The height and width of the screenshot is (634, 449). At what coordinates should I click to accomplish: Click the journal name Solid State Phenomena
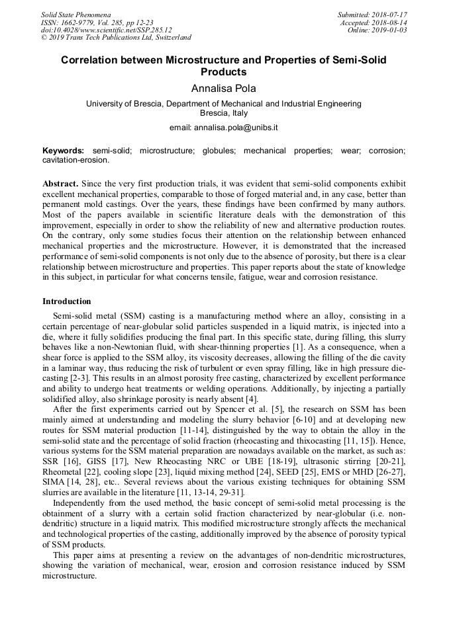[75, 15]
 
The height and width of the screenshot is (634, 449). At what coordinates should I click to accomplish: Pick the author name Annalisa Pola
[224, 88]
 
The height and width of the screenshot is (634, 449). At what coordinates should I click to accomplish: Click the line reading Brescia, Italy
[224, 113]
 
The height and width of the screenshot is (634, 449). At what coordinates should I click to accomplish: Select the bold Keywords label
[64, 151]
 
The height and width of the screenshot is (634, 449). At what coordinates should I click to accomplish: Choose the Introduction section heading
[67, 301]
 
